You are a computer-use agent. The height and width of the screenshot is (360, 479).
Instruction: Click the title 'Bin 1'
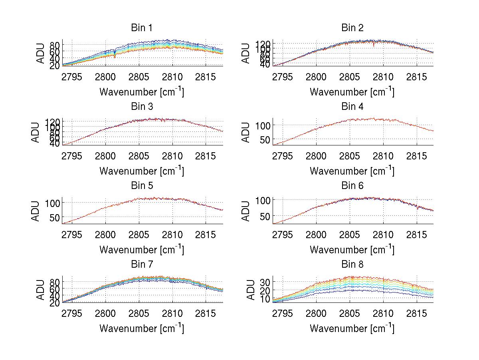pos(142,28)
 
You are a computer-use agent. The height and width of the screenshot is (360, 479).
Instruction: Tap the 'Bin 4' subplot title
pos(352,107)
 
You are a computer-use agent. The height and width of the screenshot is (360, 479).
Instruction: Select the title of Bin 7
pos(142,265)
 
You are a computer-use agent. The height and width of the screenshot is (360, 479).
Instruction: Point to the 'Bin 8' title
pos(352,265)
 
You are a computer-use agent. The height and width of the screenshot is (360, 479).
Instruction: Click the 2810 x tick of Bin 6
pos(383,234)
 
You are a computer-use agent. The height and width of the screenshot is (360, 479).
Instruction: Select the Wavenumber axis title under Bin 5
pos(142,249)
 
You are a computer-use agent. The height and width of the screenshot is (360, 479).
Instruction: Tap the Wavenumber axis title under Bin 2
pos(352,92)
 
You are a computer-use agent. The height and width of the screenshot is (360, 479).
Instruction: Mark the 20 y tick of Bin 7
pos(54,302)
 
